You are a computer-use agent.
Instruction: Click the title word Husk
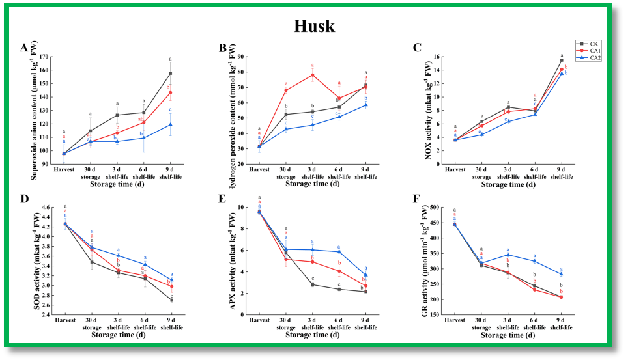click(315, 26)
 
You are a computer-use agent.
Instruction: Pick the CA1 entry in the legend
click(595, 51)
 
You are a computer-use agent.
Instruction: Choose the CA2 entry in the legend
click(595, 57)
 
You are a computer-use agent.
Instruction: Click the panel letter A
click(23, 48)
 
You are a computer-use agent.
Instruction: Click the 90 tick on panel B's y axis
click(242, 57)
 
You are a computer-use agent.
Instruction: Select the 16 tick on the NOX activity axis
click(437, 57)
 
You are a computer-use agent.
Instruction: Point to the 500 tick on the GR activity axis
click(435, 208)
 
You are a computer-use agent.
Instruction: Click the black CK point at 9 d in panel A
click(170, 73)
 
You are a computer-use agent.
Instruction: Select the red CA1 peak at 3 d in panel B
click(313, 75)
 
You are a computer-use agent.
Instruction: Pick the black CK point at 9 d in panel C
click(562, 61)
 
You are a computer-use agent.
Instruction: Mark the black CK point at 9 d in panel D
click(171, 300)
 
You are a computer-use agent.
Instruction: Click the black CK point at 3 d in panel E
click(313, 284)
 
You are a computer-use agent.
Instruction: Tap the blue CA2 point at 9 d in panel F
click(562, 274)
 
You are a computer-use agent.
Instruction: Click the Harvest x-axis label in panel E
click(259, 320)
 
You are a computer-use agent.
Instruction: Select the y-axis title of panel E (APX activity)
click(231, 260)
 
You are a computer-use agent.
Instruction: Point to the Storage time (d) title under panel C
click(508, 184)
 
